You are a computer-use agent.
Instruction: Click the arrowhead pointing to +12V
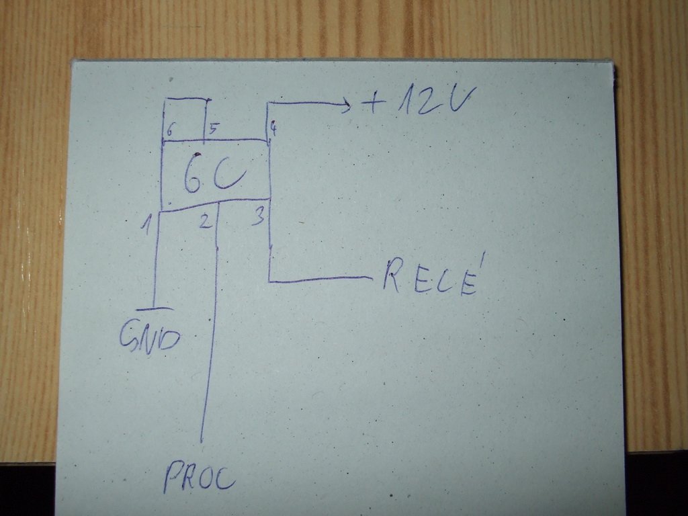[x=345, y=104]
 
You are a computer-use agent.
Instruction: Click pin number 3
[x=257, y=217]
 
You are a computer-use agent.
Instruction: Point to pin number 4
[x=273, y=127]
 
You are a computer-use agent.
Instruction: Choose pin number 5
[x=212, y=128]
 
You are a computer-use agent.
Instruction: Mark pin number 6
[x=170, y=130]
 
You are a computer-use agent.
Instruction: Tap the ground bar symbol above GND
[x=154, y=309]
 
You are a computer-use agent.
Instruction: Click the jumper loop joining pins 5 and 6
[x=184, y=99]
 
